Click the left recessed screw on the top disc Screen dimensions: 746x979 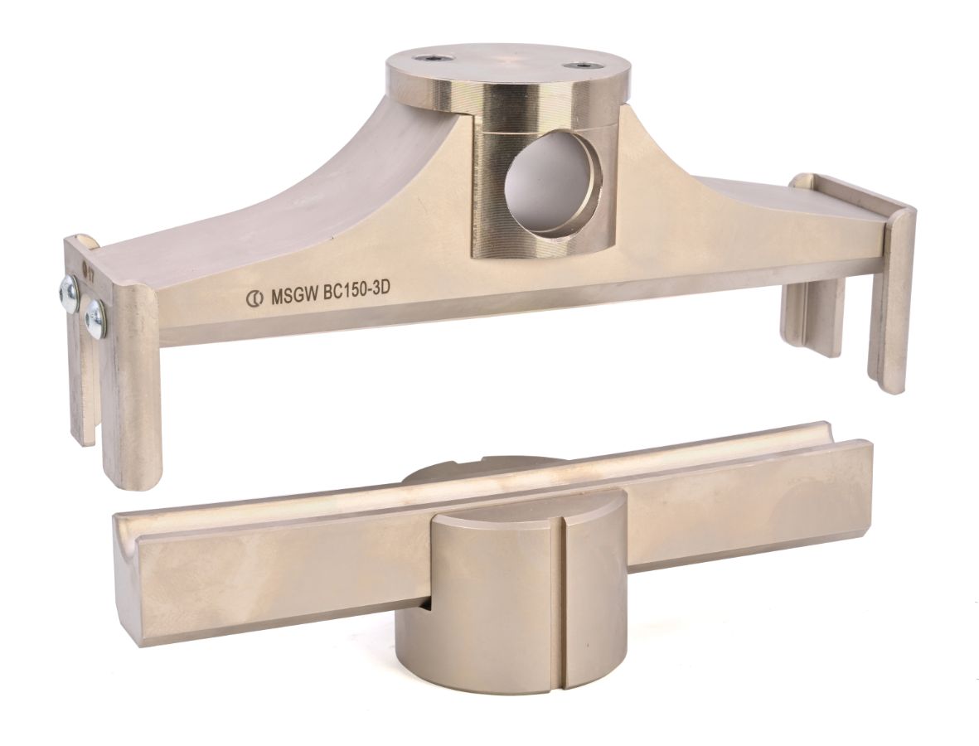coord(435,58)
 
